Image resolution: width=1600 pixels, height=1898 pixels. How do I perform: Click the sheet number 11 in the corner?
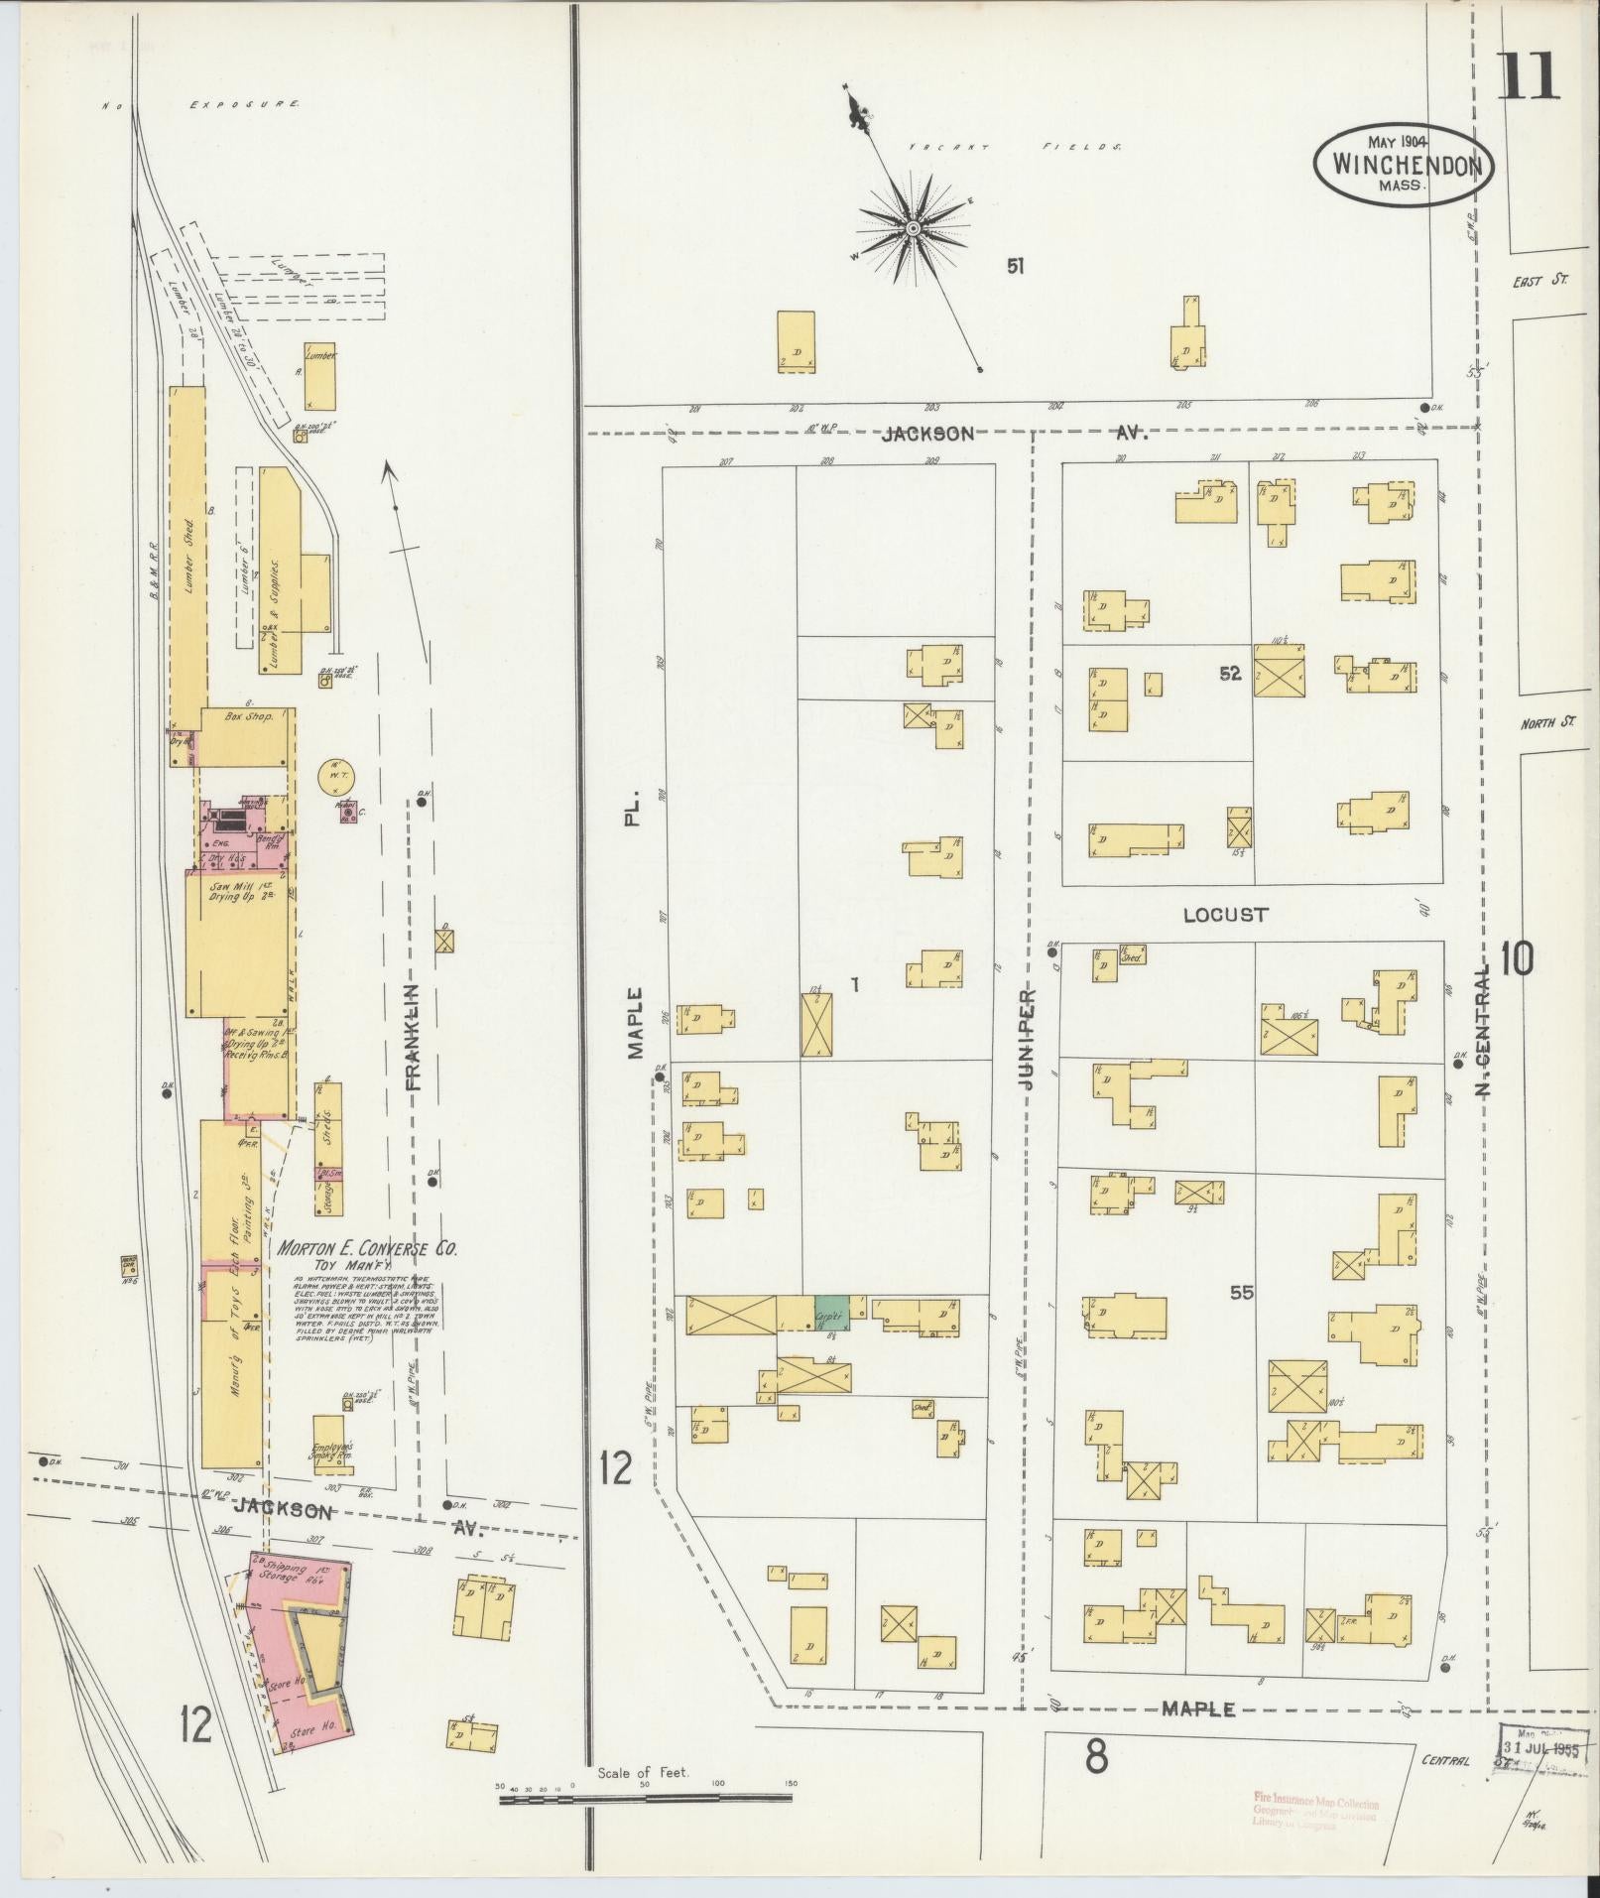pos(1528,76)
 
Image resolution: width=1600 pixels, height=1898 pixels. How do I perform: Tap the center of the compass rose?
pos(912,229)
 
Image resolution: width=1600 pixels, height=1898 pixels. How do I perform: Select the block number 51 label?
pos(1015,266)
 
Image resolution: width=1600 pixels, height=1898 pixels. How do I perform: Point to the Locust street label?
pos(1225,914)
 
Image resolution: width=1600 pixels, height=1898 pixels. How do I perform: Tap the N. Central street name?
pos(1485,1029)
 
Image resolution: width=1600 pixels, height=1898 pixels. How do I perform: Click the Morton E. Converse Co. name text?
pos(367,1248)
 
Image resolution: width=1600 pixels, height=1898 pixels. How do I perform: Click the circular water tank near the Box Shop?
pos(335,776)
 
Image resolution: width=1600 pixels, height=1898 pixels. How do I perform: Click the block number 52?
pos(1230,674)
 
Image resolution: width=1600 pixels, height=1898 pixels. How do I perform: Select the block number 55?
pos(1241,1292)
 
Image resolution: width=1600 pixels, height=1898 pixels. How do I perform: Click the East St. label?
pos(1538,282)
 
